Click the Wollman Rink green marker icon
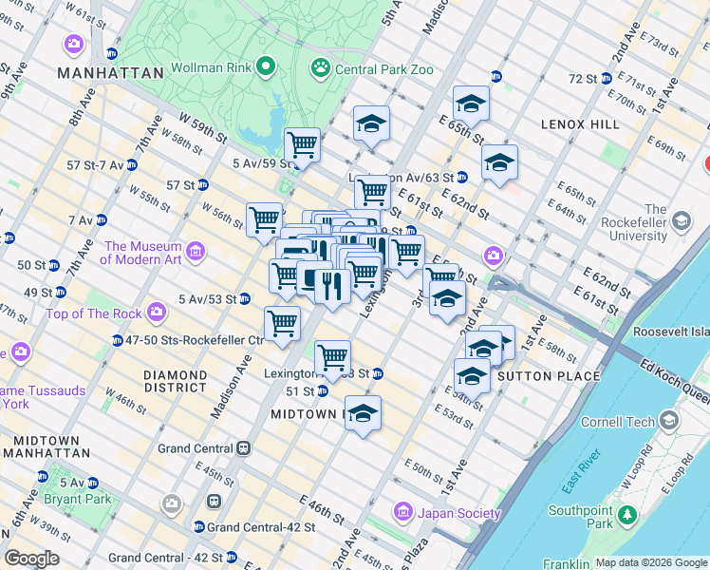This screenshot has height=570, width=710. [266, 68]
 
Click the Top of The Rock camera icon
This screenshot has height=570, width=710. [158, 313]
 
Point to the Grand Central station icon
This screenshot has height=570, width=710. [244, 448]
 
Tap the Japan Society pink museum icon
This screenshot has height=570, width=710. [403, 513]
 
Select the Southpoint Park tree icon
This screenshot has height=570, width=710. [626, 515]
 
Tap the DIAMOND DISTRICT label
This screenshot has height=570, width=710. [175, 381]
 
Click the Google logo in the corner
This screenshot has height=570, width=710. [31, 559]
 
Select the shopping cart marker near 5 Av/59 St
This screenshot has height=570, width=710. [302, 145]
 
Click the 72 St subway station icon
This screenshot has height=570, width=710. [606, 78]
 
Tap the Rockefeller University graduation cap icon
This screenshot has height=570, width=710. [681, 221]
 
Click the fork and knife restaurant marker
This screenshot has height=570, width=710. [331, 285]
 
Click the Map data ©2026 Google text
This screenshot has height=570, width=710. [651, 562]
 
